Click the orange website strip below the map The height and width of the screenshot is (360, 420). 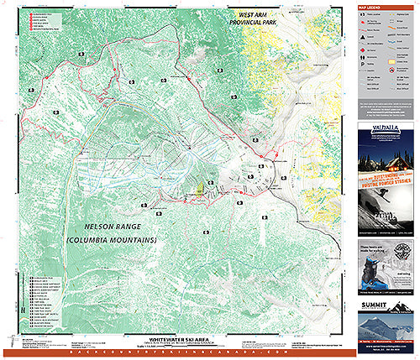tap(176, 348)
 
